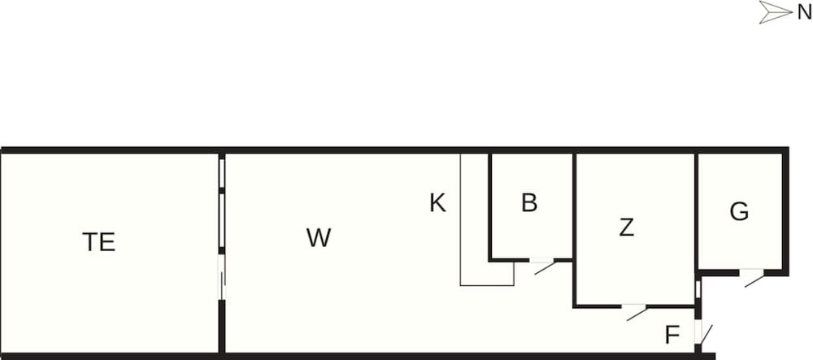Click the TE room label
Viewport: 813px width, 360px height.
tap(98, 242)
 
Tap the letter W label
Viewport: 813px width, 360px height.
tap(319, 238)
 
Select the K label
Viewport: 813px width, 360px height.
tap(437, 203)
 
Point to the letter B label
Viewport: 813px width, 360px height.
tap(529, 203)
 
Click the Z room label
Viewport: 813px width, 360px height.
tap(626, 228)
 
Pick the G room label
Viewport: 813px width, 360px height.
tap(739, 211)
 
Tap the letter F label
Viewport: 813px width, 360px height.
tap(672, 335)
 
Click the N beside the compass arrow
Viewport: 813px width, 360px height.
tap(805, 13)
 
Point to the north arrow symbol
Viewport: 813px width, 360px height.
tap(776, 12)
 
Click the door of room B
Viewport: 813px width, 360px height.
tap(542, 265)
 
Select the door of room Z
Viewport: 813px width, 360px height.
tap(635, 311)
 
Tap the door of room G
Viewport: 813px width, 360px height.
tap(752, 277)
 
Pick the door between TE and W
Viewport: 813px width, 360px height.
tap(222, 278)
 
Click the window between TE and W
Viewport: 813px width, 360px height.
tap(222, 202)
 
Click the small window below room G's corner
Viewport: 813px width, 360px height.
tap(698, 289)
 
